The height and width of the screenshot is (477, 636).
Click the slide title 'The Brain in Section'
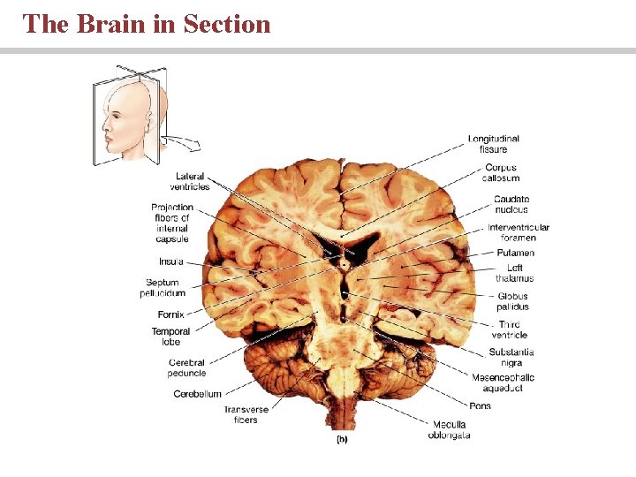(147, 24)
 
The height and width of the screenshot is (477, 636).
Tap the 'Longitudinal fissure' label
(494, 144)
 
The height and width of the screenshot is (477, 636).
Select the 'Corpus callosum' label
(501, 172)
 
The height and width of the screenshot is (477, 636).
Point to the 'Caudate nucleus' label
(511, 204)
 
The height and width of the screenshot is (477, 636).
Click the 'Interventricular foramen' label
(518, 232)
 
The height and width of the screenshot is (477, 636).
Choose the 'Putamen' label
(515, 254)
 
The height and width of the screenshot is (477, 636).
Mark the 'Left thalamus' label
(514, 273)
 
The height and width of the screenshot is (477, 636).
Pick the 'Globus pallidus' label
(512, 301)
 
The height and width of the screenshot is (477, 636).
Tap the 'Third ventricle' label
(511, 329)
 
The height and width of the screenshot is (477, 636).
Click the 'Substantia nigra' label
(511, 357)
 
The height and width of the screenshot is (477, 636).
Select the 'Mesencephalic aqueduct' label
(503, 383)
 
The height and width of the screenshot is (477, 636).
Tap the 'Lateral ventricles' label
(190, 181)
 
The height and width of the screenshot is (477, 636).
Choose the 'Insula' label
(171, 261)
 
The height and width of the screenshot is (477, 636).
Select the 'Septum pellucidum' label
(163, 288)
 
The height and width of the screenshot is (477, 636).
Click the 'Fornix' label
(170, 314)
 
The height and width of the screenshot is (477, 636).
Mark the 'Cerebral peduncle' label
(186, 367)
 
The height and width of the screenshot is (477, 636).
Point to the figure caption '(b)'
(341, 439)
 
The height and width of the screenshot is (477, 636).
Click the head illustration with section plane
(128, 115)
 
